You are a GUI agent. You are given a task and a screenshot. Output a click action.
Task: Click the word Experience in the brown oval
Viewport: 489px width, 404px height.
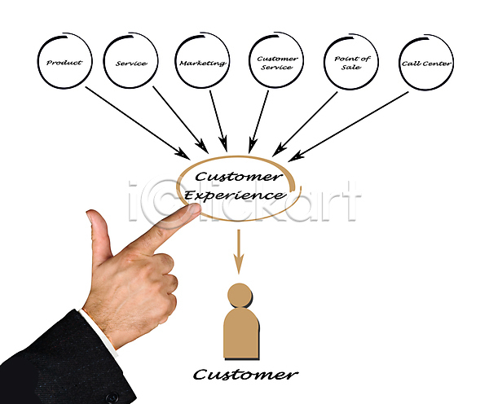(x=234, y=195)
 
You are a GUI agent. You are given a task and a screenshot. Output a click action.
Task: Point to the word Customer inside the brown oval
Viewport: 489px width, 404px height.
(x=239, y=177)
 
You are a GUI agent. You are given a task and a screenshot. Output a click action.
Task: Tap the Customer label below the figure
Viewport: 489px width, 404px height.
(x=245, y=375)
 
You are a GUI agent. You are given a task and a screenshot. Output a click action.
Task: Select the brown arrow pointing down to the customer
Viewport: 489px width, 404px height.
(x=239, y=252)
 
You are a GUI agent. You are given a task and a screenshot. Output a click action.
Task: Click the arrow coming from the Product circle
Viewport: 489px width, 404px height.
(x=138, y=123)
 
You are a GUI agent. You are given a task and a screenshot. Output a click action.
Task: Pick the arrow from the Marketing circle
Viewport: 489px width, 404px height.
(x=218, y=121)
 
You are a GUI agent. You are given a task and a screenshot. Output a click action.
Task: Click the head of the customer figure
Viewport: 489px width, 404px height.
(x=240, y=295)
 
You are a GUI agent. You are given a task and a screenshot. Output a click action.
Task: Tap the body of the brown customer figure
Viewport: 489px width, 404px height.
(x=241, y=334)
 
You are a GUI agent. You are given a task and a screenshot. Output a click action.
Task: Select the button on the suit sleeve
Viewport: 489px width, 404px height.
(x=112, y=397)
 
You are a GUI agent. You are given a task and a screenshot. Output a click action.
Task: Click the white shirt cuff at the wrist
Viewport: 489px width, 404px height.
(x=99, y=332)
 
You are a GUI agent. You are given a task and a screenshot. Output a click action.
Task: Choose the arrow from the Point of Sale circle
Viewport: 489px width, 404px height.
(x=306, y=124)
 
